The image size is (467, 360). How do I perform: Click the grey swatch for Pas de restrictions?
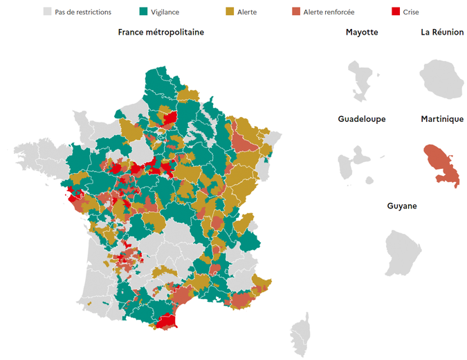click(48, 12)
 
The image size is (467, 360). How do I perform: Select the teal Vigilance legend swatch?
click(144, 12)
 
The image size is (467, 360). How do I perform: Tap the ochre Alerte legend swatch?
click(230, 12)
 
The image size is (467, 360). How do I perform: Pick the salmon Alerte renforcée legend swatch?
click(295, 12)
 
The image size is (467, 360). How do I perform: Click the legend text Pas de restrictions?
click(83, 12)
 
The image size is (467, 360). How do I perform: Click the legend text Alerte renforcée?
click(331, 12)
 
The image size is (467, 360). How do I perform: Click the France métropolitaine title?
click(161, 33)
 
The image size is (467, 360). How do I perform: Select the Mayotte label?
click(362, 33)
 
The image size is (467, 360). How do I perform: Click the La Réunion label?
click(442, 33)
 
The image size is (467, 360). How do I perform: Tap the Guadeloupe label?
click(362, 119)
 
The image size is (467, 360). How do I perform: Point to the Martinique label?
click(442, 119)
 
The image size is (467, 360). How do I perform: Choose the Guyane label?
click(402, 206)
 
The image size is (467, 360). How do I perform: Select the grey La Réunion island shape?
click(441, 78)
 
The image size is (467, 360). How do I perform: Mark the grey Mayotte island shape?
click(361, 78)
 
